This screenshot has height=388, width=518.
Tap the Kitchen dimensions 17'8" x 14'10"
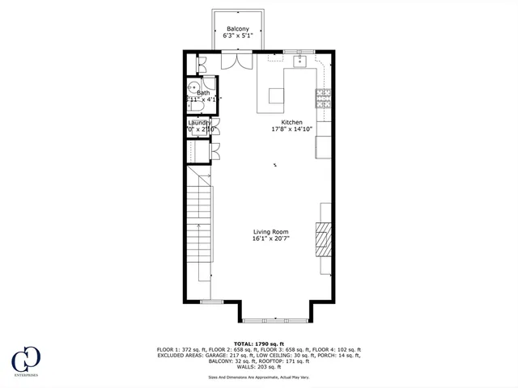click(293, 129)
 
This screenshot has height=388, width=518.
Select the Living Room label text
click(270, 232)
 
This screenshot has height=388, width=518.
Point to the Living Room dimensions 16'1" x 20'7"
click(270, 239)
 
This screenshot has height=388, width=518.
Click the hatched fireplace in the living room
click(324, 239)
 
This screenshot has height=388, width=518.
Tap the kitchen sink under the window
click(299, 60)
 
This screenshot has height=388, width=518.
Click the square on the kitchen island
click(278, 95)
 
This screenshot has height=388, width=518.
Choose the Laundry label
click(199, 123)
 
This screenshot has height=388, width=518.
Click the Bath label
click(202, 93)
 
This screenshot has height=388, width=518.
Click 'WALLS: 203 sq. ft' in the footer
click(258, 367)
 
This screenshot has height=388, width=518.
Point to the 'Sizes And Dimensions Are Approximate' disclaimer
click(258, 377)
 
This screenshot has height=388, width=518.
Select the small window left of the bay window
click(211, 302)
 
